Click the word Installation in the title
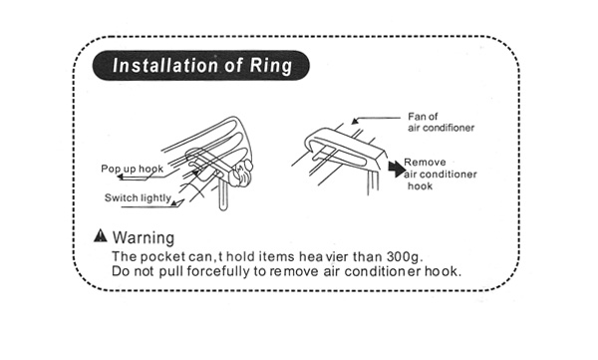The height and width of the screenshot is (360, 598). click(x=164, y=65)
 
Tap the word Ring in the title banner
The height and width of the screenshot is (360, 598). click(x=271, y=67)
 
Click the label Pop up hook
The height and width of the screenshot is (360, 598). click(x=132, y=169)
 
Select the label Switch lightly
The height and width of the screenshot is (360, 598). click(x=138, y=197)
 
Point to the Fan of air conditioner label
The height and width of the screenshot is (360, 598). click(x=441, y=122)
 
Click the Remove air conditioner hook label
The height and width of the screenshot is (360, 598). click(x=441, y=175)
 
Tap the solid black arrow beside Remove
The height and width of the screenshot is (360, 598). click(x=397, y=169)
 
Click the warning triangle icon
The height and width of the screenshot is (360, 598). click(x=101, y=235)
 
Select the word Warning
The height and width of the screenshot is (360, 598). click(x=144, y=237)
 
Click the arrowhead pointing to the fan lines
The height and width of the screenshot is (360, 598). click(x=355, y=121)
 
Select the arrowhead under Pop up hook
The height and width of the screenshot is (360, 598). click(x=121, y=177)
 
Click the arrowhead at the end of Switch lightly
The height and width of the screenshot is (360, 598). click(x=174, y=203)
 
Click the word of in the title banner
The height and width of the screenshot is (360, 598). click(x=232, y=65)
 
